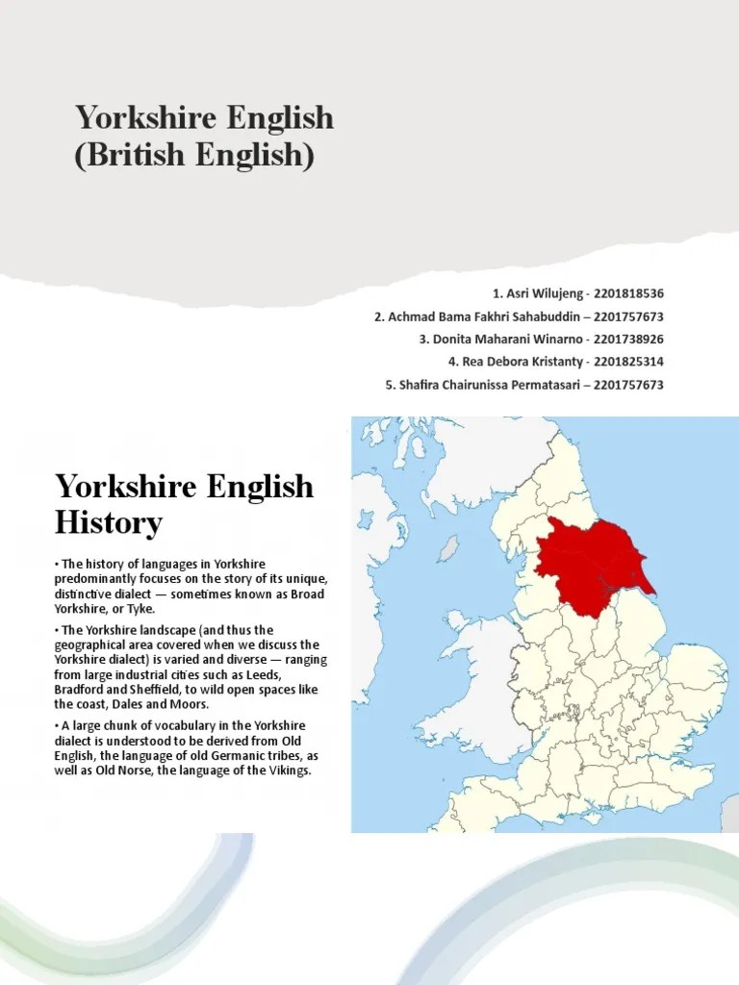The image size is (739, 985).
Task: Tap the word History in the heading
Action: (x=109, y=524)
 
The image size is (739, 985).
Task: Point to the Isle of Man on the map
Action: (x=447, y=549)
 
